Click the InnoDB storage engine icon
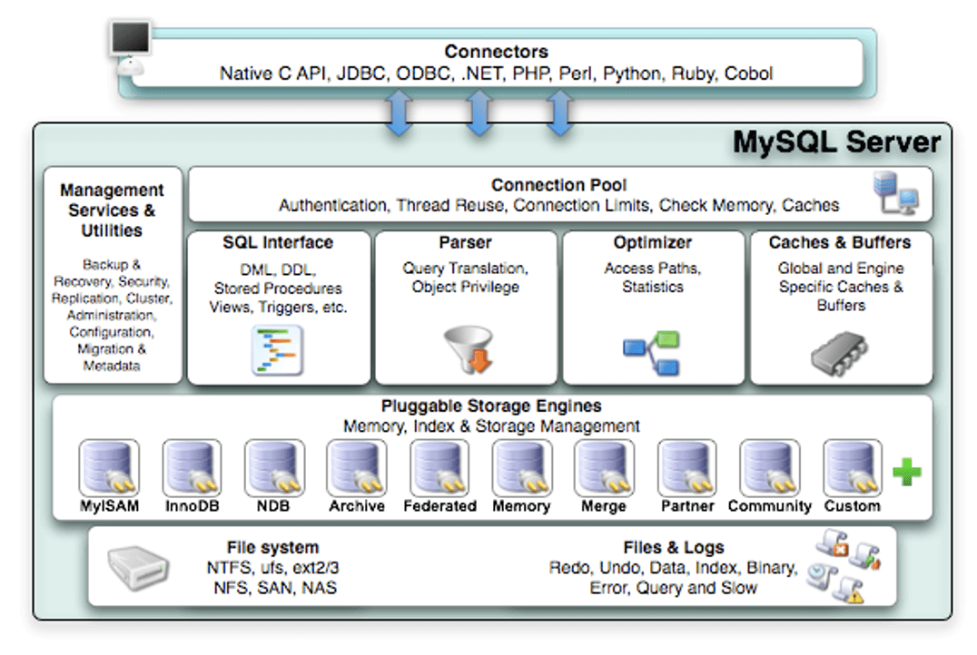192,467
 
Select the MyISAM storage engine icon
109,467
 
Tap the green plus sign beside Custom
906,472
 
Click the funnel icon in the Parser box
468,349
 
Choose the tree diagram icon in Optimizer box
652,354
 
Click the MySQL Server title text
835,142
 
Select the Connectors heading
496,52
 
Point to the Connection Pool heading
558,185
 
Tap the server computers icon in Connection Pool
894,192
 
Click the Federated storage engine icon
439,467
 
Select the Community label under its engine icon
769,506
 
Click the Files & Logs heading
674,547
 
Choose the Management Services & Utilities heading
113,210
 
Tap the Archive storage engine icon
357,467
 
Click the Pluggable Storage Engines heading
491,406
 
